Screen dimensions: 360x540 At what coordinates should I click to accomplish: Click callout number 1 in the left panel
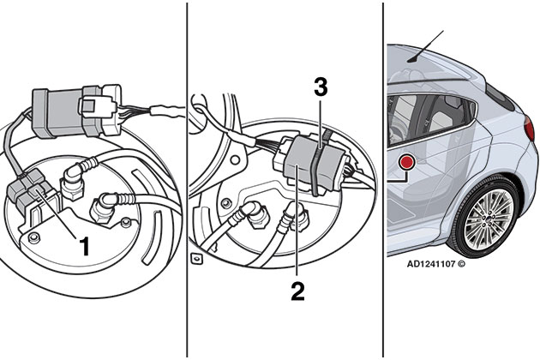point(84,247)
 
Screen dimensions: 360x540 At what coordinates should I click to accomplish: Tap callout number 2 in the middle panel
point(297,291)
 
